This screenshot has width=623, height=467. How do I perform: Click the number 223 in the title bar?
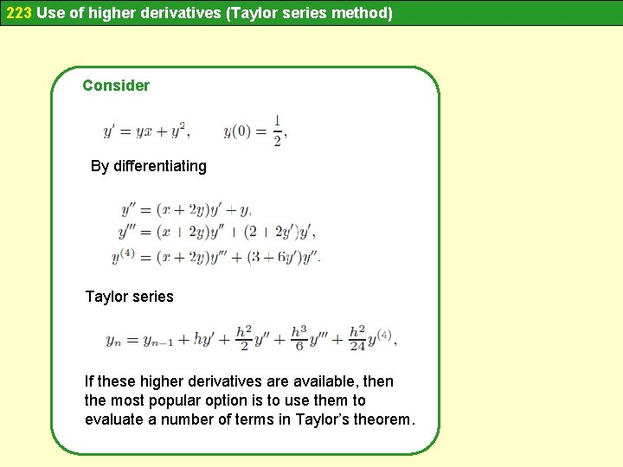19,13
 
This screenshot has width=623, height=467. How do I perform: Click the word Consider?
116,86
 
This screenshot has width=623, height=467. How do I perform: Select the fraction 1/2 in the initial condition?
278,131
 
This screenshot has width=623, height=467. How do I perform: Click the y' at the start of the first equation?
110,131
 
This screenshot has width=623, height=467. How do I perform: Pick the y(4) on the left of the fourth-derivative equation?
124,256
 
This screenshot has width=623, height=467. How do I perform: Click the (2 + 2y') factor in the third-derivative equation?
273,233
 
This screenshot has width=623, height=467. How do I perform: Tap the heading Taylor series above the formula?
129,297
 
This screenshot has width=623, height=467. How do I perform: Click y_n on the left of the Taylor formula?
113,341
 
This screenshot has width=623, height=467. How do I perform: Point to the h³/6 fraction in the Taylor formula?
299,338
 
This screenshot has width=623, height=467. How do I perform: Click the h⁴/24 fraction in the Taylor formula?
357,338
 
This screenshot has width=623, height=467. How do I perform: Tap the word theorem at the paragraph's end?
383,420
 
